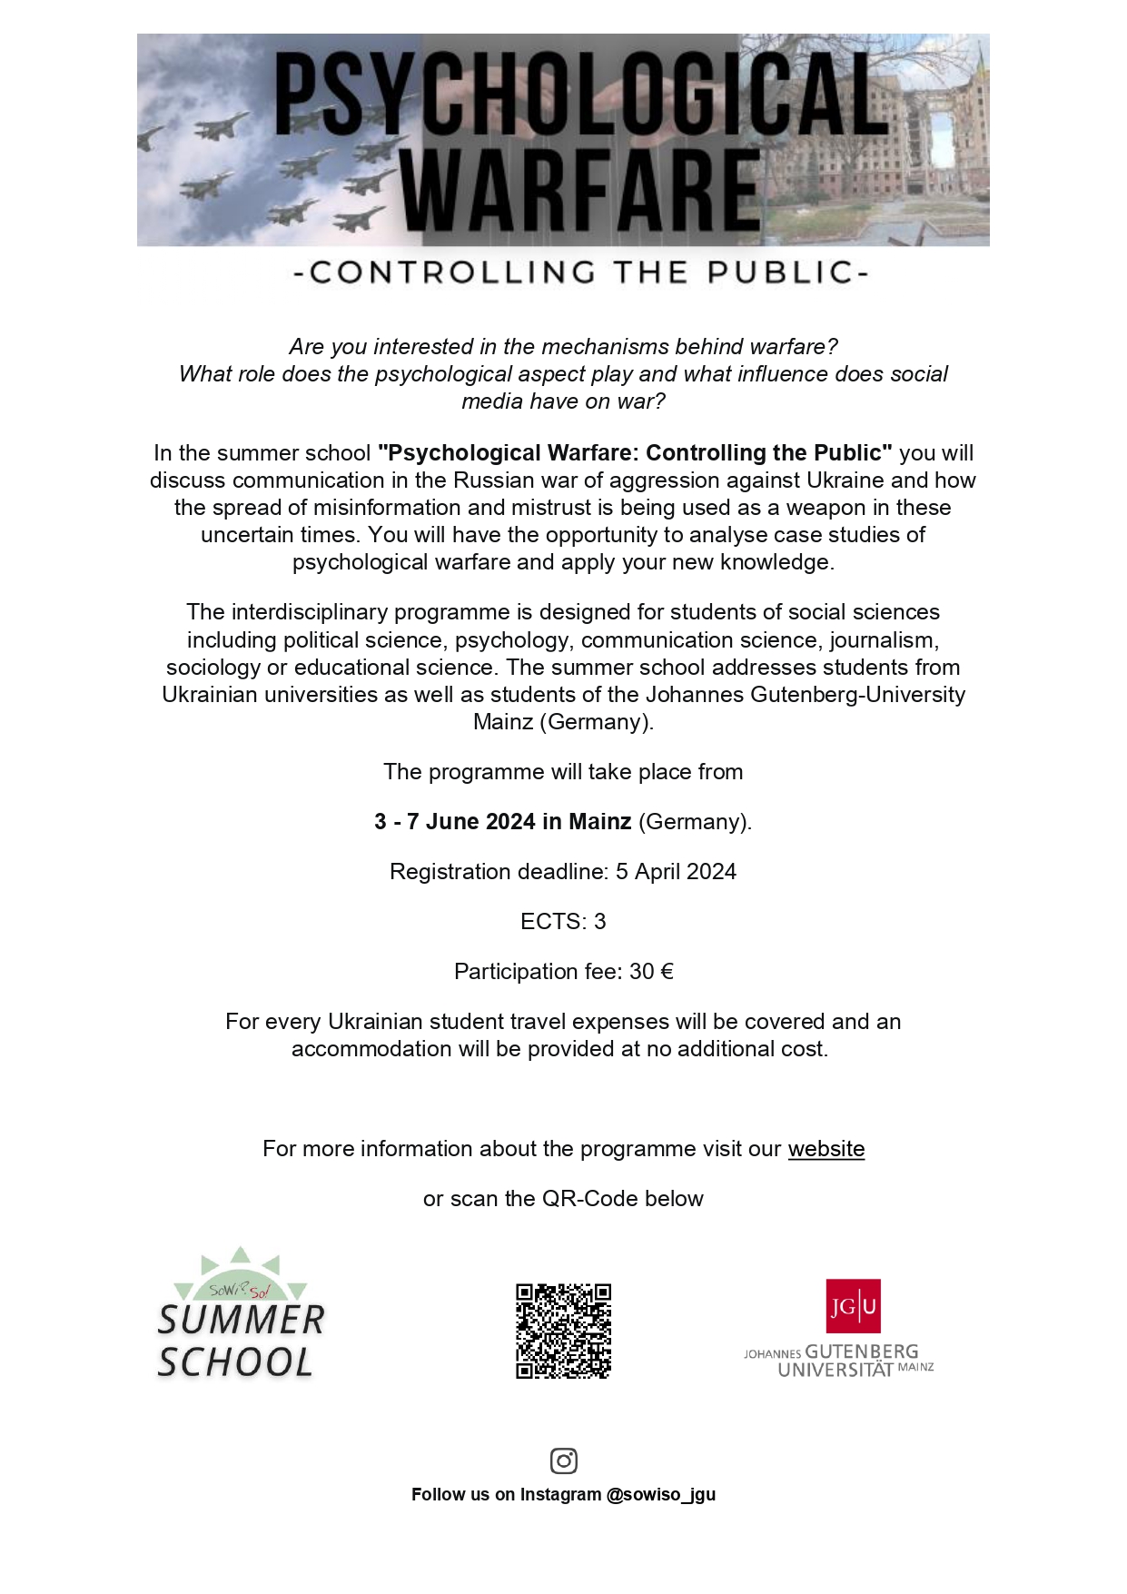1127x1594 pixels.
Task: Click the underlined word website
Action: tap(825, 1149)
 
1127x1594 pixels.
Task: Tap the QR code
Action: tap(563, 1331)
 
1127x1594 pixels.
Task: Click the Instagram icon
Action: tap(564, 1460)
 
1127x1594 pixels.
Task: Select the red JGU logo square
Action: tap(853, 1306)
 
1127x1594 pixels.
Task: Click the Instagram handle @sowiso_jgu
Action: tap(660, 1495)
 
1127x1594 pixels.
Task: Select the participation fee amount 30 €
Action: tap(651, 972)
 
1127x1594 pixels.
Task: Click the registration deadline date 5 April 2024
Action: tap(676, 872)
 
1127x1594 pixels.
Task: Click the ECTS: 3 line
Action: tap(563, 922)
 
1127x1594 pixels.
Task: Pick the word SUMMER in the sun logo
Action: tap(241, 1321)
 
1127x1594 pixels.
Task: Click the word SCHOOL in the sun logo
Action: tap(235, 1362)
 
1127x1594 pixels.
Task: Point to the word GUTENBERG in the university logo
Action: tap(862, 1351)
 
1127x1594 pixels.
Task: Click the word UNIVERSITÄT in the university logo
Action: tap(835, 1370)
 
